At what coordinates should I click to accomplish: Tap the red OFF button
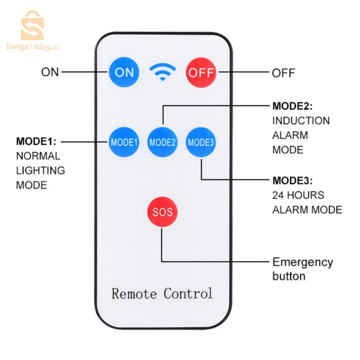(x=201, y=72)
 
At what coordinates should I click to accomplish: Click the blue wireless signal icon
(x=163, y=72)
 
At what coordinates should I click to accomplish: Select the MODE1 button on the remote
(x=124, y=142)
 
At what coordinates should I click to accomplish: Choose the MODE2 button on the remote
(x=162, y=142)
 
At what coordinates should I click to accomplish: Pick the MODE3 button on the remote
(x=201, y=142)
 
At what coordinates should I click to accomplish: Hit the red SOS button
(x=162, y=211)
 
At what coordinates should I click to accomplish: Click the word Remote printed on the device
(x=135, y=293)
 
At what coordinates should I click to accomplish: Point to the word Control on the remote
(x=188, y=293)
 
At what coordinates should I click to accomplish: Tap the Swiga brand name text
(x=17, y=47)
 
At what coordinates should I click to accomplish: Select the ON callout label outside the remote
(x=50, y=72)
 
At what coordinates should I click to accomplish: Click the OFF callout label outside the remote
(x=283, y=73)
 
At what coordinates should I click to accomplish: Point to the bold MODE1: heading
(x=36, y=141)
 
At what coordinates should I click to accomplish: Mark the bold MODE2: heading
(x=292, y=106)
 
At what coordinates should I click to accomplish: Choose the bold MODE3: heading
(x=292, y=180)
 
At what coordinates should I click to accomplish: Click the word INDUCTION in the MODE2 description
(x=301, y=121)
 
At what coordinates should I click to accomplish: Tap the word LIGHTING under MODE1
(x=41, y=170)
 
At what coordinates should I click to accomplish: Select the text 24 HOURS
(x=298, y=195)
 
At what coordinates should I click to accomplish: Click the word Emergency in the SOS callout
(x=303, y=262)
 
